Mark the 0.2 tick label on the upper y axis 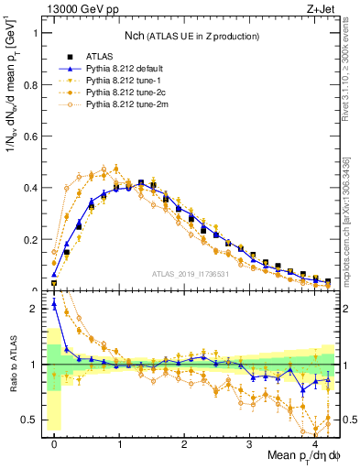[28, 240]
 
